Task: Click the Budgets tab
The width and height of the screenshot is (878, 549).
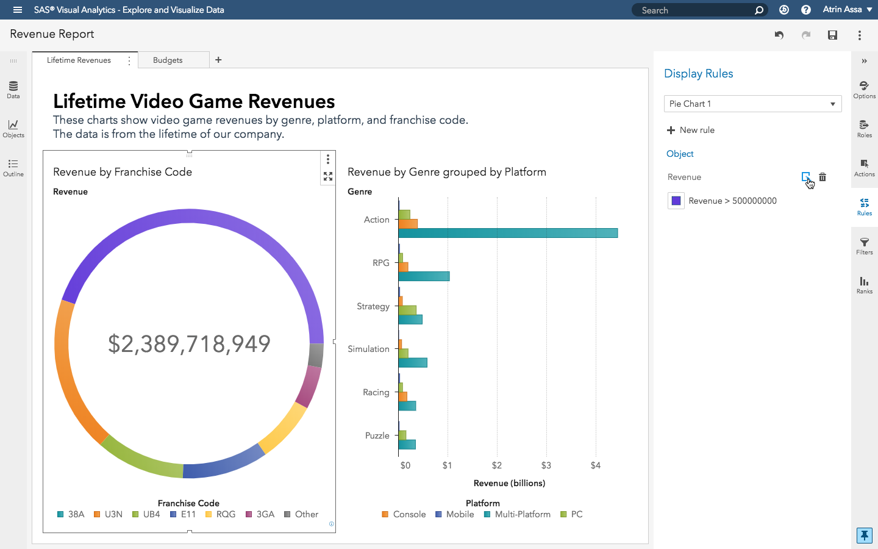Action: point(168,60)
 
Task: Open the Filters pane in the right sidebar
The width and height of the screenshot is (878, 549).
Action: point(864,246)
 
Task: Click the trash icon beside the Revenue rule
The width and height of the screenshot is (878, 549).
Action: point(823,177)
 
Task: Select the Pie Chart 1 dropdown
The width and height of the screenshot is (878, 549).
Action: point(752,104)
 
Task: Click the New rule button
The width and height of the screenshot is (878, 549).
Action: point(691,130)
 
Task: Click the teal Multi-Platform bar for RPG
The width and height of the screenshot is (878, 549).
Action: point(424,276)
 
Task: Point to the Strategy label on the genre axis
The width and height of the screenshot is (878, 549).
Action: point(373,306)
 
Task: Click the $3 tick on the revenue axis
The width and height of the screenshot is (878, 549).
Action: point(546,465)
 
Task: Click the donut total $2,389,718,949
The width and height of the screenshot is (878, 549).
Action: point(189,344)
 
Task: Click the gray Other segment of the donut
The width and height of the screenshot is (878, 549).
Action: point(316,355)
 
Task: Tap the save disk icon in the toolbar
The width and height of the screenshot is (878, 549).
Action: point(832,35)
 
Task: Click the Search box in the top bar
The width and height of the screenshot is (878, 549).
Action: point(695,10)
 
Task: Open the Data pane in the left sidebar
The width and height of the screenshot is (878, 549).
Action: point(13,90)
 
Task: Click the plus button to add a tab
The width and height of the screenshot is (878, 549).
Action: point(218,60)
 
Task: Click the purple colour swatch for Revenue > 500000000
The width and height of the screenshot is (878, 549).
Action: point(676,201)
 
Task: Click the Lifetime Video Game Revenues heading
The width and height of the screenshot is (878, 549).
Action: point(194,101)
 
